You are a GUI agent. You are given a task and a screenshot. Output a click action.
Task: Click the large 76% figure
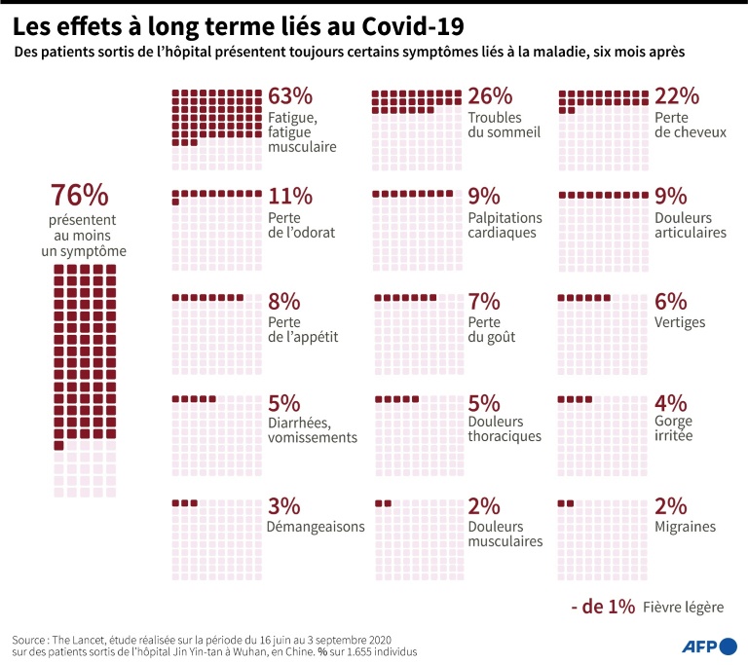click(80, 195)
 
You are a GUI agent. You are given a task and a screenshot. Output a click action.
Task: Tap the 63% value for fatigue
click(290, 96)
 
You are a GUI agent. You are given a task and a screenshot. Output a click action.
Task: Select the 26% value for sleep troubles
click(490, 96)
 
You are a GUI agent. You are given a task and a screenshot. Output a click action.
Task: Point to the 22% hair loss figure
click(677, 96)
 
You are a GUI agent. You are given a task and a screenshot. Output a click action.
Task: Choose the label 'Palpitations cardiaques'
click(505, 226)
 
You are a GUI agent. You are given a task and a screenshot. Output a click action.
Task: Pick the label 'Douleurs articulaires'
click(691, 226)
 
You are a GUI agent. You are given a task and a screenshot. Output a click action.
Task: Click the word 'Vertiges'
click(680, 322)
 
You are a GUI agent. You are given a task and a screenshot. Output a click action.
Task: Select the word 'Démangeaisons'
click(316, 527)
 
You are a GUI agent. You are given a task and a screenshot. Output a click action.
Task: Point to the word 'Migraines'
click(685, 527)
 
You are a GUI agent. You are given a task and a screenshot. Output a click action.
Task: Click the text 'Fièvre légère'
click(683, 608)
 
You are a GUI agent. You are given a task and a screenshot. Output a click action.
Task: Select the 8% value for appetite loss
click(284, 302)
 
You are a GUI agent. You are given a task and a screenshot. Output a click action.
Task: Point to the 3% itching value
click(284, 506)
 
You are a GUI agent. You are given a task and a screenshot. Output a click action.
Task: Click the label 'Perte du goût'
click(492, 330)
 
